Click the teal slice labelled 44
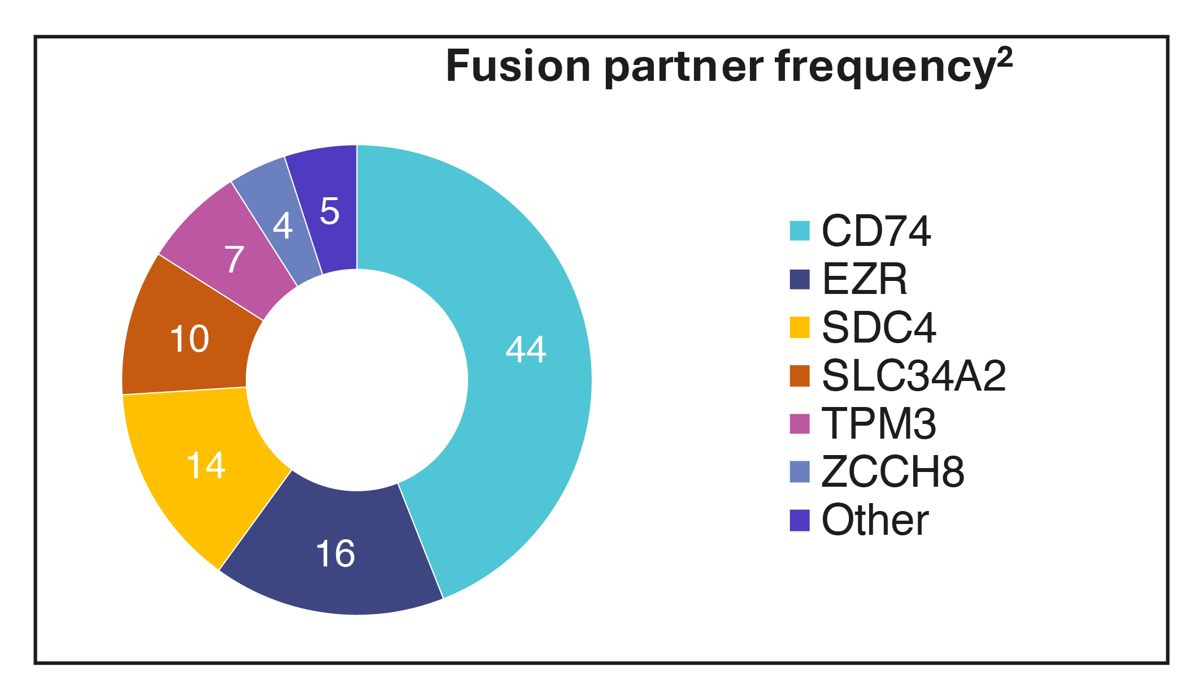pyautogui.click(x=526, y=350)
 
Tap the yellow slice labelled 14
pyautogui.click(x=206, y=466)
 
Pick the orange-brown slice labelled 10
pyautogui.click(x=189, y=339)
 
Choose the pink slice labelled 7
pyautogui.click(x=234, y=259)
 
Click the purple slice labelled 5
pyautogui.click(x=329, y=211)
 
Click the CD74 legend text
pyautogui.click(x=876, y=231)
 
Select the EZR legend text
pyautogui.click(x=864, y=279)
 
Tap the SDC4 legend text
pyautogui.click(x=879, y=327)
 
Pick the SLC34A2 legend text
pyautogui.click(x=914, y=375)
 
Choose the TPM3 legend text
pyautogui.click(x=879, y=423)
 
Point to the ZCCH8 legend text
pyautogui.click(x=893, y=471)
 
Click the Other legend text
pyautogui.click(x=875, y=520)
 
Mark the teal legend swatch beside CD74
pyautogui.click(x=800, y=231)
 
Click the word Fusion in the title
pyautogui.click(x=519, y=67)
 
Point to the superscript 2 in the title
pyautogui.click(x=1005, y=58)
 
